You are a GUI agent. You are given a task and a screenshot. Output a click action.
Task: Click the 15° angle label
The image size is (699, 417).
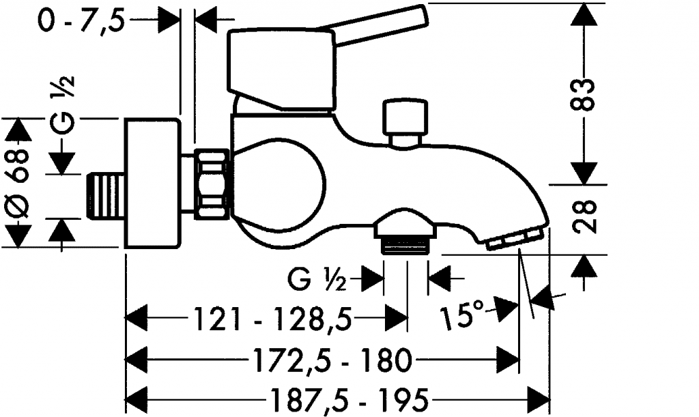(x=466, y=315)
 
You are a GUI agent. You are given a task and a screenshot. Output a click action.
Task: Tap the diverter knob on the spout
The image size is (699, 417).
(x=405, y=120)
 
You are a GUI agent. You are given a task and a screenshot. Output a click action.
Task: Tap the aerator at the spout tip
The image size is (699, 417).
(x=514, y=238)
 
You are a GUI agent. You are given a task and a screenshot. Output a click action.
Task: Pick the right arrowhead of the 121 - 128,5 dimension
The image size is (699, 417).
(x=396, y=318)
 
